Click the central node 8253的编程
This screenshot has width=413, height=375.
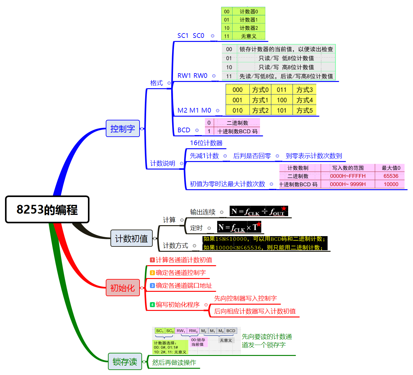[x=47, y=209]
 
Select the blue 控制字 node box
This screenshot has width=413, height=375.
[x=123, y=129]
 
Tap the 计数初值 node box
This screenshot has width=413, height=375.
[x=131, y=238]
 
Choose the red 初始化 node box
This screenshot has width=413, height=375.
[x=123, y=288]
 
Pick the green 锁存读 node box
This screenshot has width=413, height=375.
[x=125, y=362]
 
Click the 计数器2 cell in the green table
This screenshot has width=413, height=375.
[x=249, y=28]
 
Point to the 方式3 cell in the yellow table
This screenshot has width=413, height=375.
[x=304, y=90]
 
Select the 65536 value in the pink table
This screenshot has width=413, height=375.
[x=391, y=176]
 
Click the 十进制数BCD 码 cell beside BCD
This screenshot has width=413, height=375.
[x=237, y=131]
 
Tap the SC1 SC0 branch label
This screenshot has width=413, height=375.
[x=191, y=36]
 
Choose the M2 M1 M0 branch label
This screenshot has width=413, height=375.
[x=194, y=110]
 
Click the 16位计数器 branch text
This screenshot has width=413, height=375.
[x=206, y=143]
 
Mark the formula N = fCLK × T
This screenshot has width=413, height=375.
[x=239, y=227]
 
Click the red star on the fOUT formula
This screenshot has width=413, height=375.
[x=284, y=208]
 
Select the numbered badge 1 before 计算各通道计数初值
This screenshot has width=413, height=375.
[x=152, y=260]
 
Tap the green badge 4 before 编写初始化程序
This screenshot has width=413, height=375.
[x=152, y=305]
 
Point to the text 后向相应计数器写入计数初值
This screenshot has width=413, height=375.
[x=255, y=311]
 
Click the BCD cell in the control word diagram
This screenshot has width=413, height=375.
[x=231, y=331]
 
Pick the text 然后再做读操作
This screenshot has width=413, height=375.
[x=174, y=362]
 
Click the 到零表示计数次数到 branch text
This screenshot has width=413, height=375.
[x=314, y=156]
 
